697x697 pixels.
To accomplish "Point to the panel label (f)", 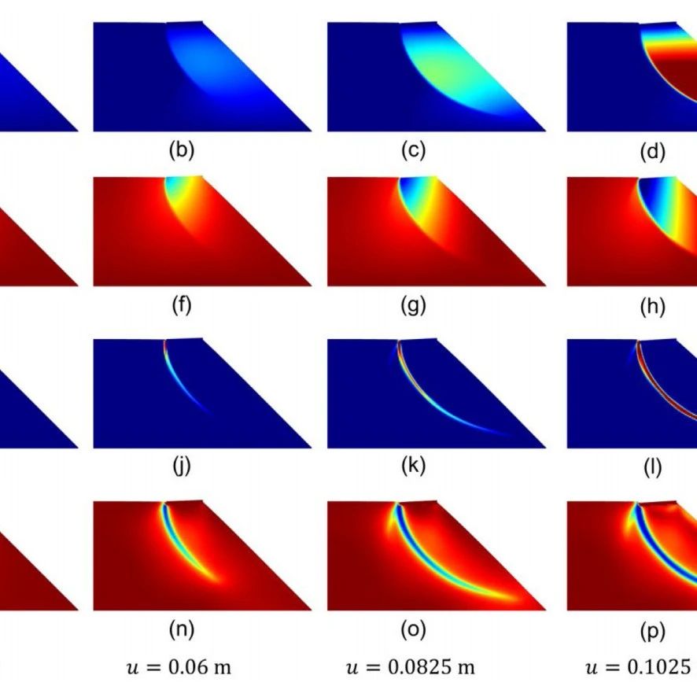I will click(182, 306).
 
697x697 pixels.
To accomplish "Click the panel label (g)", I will click(413, 306).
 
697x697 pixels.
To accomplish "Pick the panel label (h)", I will click(654, 306).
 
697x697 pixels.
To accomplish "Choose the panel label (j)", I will click(182, 467).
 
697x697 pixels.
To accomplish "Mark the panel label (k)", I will click(413, 467).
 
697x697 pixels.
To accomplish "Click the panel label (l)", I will click(654, 467).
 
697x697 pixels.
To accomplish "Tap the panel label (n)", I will click(182, 629).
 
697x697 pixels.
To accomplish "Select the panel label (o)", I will click(413, 629).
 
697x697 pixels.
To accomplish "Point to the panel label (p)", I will click(654, 629).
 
